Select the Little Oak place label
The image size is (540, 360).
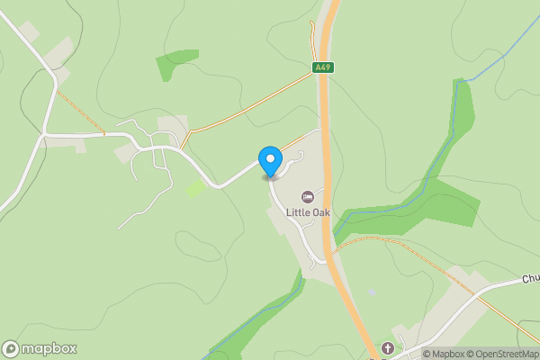pyautogui.click(x=308, y=212)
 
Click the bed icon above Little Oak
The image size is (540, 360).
pyautogui.click(x=308, y=197)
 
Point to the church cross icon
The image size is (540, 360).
pyautogui.click(x=388, y=347)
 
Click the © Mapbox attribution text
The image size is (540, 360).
pyautogui.click(x=445, y=354)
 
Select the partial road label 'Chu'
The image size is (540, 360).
pyautogui.click(x=530, y=280)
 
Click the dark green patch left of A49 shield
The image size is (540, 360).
pyautogui.click(x=176, y=63)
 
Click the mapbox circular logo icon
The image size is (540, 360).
pyautogui.click(x=11, y=349)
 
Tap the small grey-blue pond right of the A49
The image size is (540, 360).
pyautogui.click(x=372, y=292)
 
